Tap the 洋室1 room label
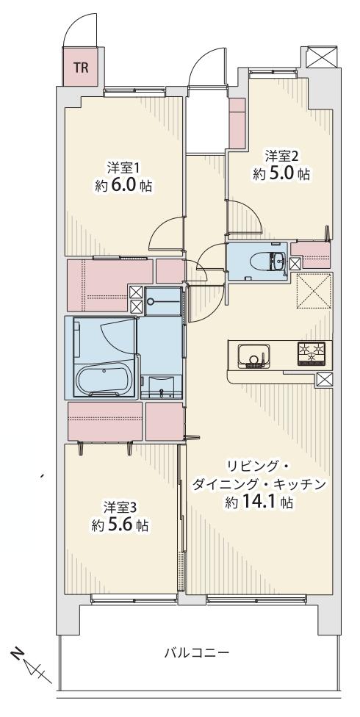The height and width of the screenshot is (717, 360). (x=123, y=167)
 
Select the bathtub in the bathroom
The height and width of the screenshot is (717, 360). (x=103, y=381)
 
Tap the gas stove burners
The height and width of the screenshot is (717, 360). (x=314, y=354)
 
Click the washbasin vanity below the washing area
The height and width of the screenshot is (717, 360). (x=160, y=386)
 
